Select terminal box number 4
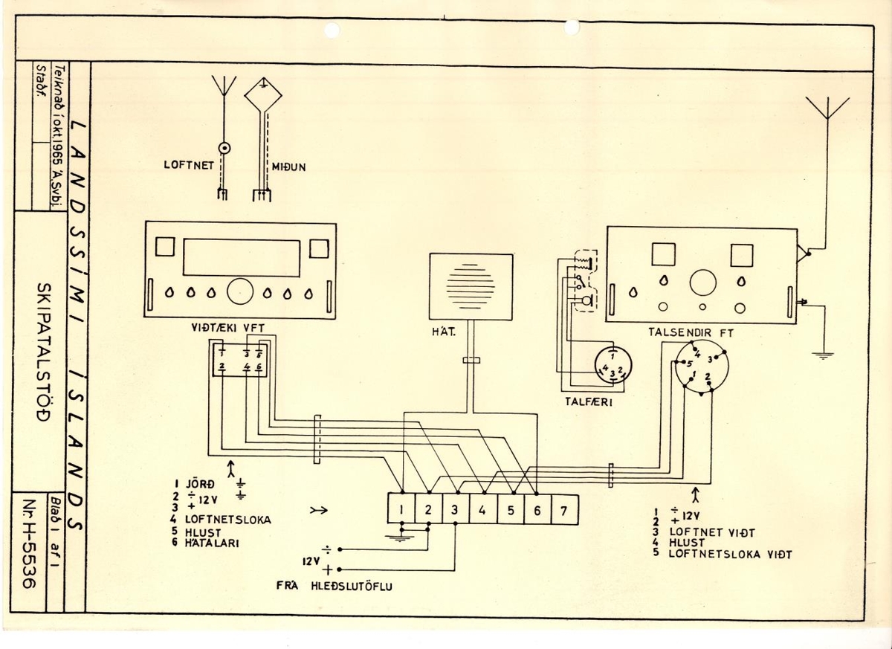(482, 511)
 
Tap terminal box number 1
(401, 511)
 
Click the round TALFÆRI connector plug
(611, 366)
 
